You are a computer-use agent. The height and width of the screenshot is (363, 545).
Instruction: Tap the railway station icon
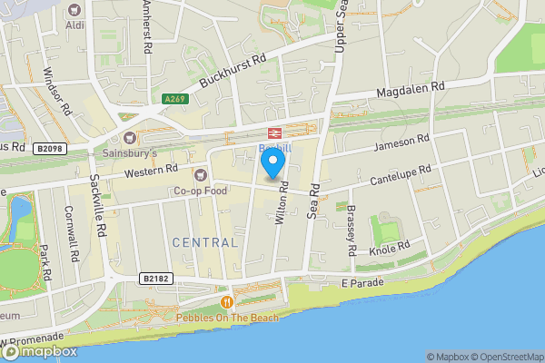274,132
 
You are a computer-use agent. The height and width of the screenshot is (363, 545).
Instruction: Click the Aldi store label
74,25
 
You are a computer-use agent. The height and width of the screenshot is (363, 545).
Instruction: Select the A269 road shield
175,98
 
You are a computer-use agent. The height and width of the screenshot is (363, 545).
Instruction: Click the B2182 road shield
155,278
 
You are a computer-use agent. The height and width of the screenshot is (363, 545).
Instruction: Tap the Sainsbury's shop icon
129,139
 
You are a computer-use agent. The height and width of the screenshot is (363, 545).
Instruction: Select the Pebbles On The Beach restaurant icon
226,301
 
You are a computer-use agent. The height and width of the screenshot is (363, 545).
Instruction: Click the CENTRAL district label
204,242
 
